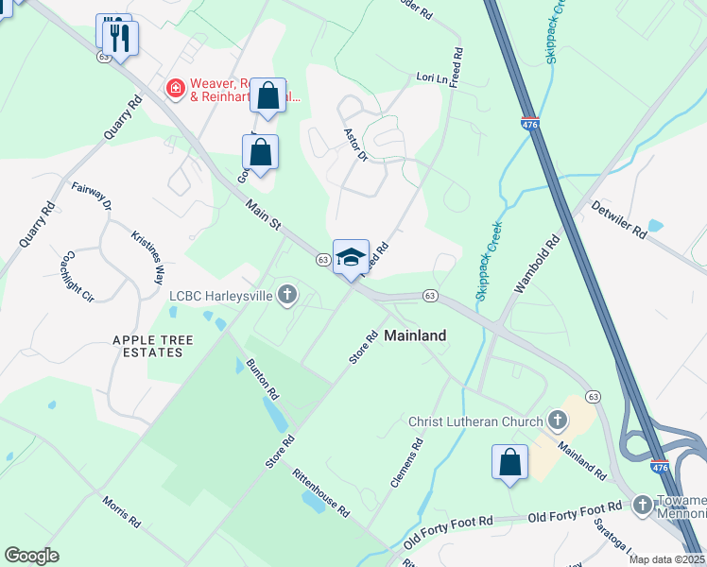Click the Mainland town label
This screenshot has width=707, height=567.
415,335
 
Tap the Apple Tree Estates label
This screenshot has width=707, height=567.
152,346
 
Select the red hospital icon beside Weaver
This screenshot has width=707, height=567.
175,89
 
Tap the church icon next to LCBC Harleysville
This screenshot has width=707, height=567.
287,297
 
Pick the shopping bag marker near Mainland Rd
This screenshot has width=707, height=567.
509,462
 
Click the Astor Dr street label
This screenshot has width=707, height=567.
354,144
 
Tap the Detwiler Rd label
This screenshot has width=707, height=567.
618,218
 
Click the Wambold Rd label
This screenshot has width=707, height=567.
537,266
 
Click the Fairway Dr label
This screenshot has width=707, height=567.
92,197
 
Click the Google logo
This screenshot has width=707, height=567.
31,556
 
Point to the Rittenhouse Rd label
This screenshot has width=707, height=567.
320,493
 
